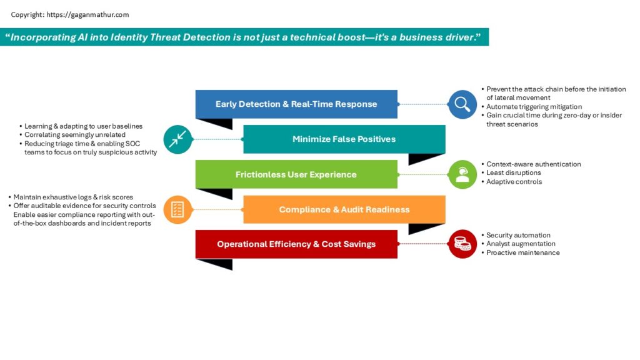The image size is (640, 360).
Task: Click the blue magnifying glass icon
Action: [x=462, y=104]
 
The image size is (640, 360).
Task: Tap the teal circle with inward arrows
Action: [x=177, y=139]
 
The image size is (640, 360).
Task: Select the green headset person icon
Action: [x=462, y=175]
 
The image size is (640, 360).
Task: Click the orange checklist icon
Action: [x=177, y=210]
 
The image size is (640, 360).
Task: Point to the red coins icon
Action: [x=462, y=244]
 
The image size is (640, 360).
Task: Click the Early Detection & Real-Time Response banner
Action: [x=296, y=104]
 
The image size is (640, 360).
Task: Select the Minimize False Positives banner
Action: [x=344, y=139]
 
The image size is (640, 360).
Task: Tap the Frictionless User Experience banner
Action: [x=296, y=174]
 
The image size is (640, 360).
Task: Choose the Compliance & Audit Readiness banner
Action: [x=344, y=209]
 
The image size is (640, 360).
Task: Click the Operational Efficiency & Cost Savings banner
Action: [x=296, y=244]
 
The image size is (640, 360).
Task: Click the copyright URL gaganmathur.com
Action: [x=87, y=15]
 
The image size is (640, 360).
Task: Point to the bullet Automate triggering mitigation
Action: [x=534, y=106]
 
